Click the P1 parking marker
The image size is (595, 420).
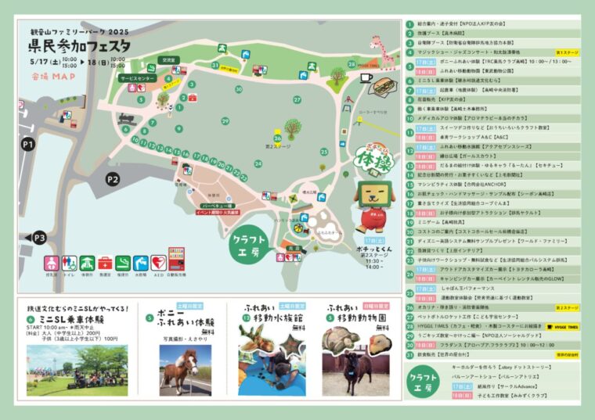coord(30,144)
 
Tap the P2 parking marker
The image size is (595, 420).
coord(111,179)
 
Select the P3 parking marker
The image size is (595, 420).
coord(37,237)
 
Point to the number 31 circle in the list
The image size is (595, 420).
coord(409,354)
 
